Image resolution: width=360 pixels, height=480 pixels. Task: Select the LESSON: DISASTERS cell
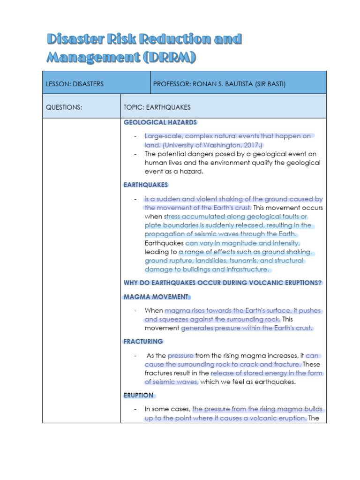pyautogui.click(x=75, y=84)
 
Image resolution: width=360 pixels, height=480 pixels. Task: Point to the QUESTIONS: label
pyautogui.click(x=64, y=107)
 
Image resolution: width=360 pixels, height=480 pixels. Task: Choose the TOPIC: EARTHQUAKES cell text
pyautogui.click(x=157, y=107)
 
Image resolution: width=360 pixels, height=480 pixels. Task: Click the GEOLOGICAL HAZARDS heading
pyautogui.click(x=160, y=122)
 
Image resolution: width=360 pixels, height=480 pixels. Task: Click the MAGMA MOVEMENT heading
pyautogui.click(x=156, y=297)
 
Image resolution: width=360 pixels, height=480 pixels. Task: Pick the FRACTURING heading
pyautogui.click(x=143, y=341)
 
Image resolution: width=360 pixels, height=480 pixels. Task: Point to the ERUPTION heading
pyautogui.click(x=139, y=395)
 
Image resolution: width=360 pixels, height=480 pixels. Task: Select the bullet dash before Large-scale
pyautogui.click(x=135, y=136)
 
